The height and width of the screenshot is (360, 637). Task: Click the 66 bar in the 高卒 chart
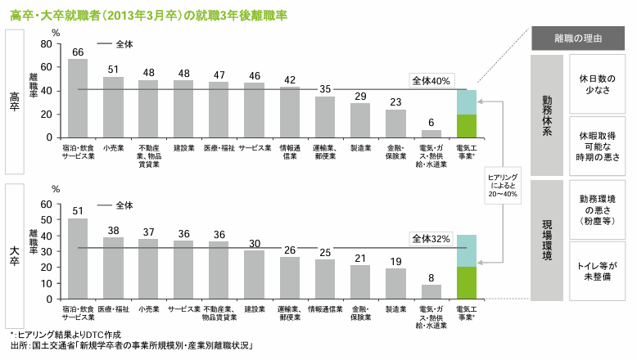pos(78,99)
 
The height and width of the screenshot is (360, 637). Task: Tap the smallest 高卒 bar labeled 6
pos(431,134)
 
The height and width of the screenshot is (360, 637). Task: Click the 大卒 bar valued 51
pos(78,250)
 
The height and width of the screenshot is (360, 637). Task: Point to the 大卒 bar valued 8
pos(431,290)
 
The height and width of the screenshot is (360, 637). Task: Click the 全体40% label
pos(431,81)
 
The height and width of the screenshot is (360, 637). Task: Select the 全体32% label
pos(431,238)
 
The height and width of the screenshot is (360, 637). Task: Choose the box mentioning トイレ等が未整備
pos(598,272)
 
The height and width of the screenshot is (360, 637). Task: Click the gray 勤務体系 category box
pos(546,115)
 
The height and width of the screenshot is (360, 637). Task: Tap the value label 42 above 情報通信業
pos(290,79)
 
